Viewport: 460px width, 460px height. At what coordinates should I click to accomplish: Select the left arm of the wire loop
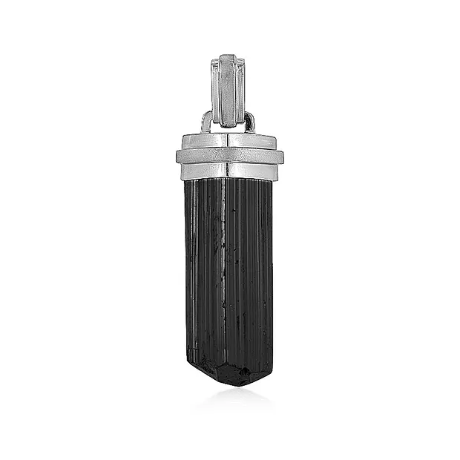[x=205, y=121]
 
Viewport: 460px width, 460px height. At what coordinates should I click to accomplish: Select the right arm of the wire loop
[x=252, y=121]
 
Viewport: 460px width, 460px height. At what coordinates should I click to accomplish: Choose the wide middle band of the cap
[x=230, y=157]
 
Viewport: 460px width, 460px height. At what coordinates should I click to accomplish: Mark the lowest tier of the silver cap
[x=230, y=171]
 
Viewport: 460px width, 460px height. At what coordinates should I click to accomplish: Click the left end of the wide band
[x=180, y=157]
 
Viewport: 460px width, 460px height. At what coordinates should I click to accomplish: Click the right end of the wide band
[x=280, y=157]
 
